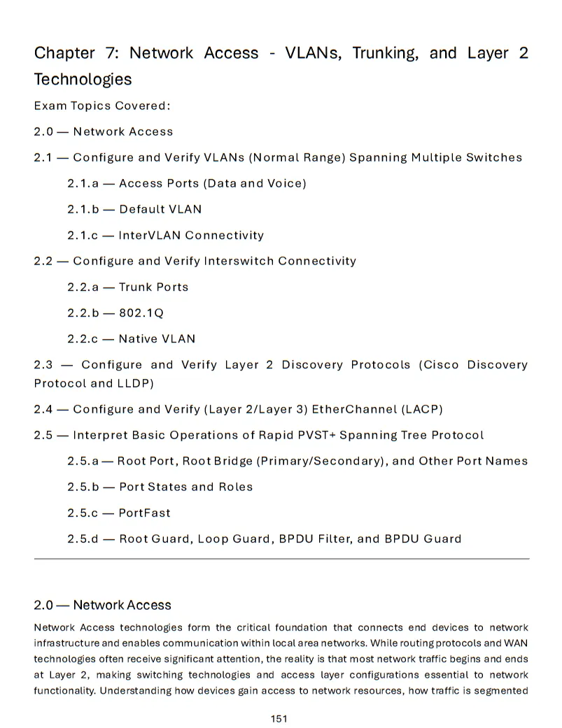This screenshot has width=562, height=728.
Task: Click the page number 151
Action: (279, 718)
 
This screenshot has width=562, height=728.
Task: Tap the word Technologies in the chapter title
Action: (83, 79)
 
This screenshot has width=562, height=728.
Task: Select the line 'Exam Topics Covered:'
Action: (102, 106)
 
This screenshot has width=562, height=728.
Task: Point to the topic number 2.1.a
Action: (84, 183)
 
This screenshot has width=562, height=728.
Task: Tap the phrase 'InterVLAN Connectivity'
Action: (191, 235)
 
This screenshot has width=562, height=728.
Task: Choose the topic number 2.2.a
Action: (84, 287)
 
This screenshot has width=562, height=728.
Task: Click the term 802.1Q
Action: (141, 313)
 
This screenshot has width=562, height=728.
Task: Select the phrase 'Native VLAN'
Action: (157, 338)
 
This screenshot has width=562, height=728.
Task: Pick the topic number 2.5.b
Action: (84, 487)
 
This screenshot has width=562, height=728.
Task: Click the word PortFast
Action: (144, 513)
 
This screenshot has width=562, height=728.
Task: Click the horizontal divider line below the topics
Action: (281, 559)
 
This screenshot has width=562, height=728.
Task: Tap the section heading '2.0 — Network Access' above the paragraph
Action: (102, 605)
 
